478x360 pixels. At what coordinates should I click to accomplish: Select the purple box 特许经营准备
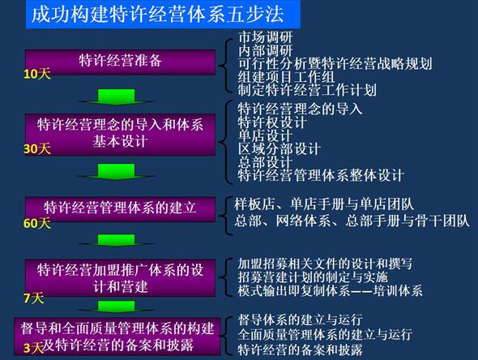pyautogui.click(x=120, y=60)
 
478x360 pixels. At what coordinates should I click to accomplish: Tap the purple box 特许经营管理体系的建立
pyautogui.click(x=120, y=208)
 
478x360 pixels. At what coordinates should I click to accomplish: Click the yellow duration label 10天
pyautogui.click(x=37, y=75)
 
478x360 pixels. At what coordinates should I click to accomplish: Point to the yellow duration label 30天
pyautogui.click(x=37, y=149)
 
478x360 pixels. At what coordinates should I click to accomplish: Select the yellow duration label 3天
pyautogui.click(x=33, y=348)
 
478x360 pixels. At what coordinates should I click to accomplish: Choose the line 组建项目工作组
pyautogui.click(x=284, y=76)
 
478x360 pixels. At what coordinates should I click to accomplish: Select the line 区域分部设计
pyautogui.click(x=278, y=148)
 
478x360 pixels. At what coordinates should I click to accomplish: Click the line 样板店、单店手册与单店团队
pyautogui.click(x=312, y=202)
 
